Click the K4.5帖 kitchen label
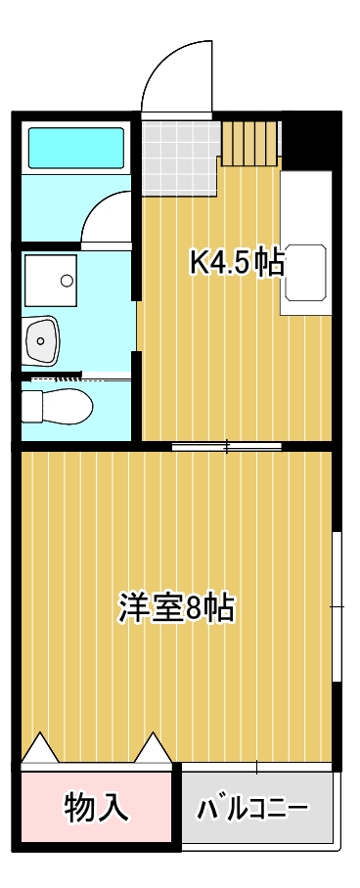(237, 262)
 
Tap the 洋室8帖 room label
(176, 607)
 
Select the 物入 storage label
(96, 807)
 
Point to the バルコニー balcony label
(253, 809)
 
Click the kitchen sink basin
(306, 264)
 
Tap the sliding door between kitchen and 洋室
(226, 448)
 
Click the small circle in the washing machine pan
(67, 281)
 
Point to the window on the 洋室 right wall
(337, 606)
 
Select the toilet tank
(31, 403)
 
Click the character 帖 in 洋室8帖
(219, 607)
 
